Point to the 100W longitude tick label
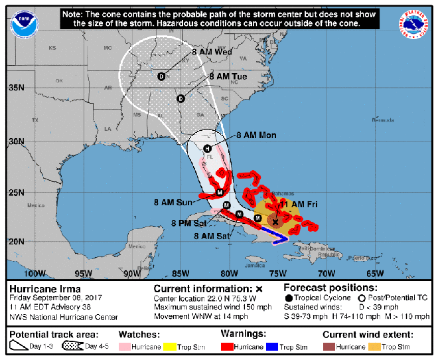click(x=33, y=273)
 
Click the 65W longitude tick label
click(x=375, y=273)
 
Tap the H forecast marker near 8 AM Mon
click(x=208, y=148)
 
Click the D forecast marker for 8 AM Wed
click(x=161, y=77)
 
